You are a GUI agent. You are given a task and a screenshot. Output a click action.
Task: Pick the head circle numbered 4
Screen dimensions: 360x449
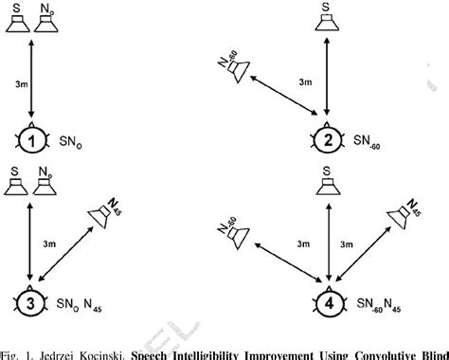tap(329, 303)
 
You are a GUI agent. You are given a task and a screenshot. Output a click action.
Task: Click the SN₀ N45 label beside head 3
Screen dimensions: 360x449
tap(79, 304)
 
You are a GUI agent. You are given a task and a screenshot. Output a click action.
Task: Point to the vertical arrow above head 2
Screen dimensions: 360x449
tap(327, 76)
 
